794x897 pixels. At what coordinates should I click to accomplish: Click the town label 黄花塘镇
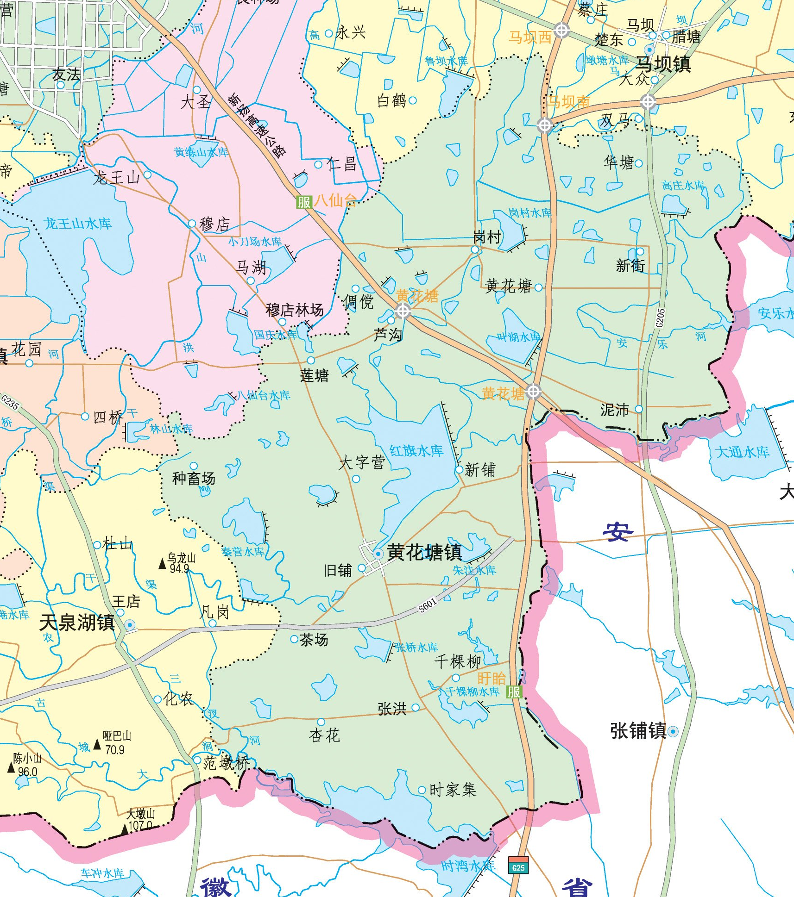pyautogui.click(x=424, y=552)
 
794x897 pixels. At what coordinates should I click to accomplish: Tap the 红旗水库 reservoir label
pyautogui.click(x=416, y=451)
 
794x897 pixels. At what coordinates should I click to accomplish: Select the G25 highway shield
pyautogui.click(x=518, y=867)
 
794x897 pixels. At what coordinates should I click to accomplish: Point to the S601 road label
pyautogui.click(x=427, y=605)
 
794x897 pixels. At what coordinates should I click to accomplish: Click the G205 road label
pyautogui.click(x=660, y=318)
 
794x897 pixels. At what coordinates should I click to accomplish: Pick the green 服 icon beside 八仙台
pyautogui.click(x=304, y=202)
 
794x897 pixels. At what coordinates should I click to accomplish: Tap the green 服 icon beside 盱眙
pyautogui.click(x=514, y=692)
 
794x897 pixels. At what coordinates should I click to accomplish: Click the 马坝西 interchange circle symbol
pyautogui.click(x=561, y=31)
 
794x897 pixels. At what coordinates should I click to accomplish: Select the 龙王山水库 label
pyautogui.click(x=78, y=224)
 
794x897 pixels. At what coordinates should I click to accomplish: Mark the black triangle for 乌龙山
pyautogui.click(x=162, y=564)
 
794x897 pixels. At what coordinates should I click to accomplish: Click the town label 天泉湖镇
pyautogui.click(x=77, y=623)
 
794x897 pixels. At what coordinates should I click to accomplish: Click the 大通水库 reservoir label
pyautogui.click(x=742, y=452)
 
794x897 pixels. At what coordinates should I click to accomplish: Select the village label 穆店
pyautogui.click(x=214, y=224)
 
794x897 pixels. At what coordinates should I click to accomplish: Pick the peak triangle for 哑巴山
pyautogui.click(x=97, y=744)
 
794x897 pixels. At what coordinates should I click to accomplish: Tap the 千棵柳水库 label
pyautogui.click(x=473, y=691)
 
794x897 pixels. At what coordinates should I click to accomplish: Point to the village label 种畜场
pyautogui.click(x=194, y=479)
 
